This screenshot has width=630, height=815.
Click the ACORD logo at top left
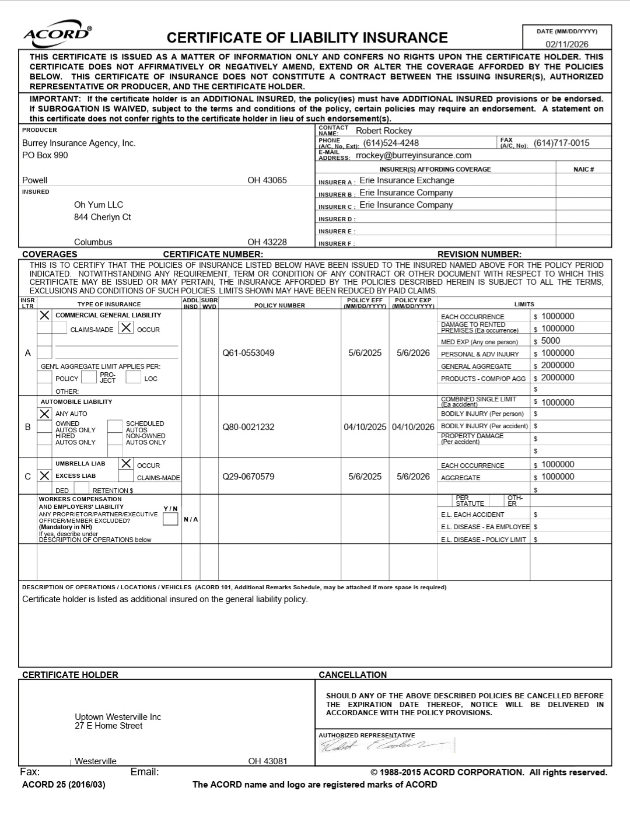[57, 33]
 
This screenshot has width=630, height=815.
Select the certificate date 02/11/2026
[566, 44]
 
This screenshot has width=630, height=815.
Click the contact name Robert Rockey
[383, 131]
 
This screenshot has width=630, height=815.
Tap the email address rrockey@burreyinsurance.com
[413, 155]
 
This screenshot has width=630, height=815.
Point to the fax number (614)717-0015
[561, 143]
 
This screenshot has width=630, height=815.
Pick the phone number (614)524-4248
[391, 143]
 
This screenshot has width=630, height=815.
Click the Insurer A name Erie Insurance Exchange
[407, 180]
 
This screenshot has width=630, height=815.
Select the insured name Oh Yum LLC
[98, 205]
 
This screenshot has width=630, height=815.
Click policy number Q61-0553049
[248, 353]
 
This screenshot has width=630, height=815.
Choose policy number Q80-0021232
[248, 427]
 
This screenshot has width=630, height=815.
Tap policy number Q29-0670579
[248, 477]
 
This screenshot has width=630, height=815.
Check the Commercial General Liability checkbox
[44, 315]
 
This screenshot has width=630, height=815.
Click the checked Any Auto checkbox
[44, 414]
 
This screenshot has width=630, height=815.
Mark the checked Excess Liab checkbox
[44, 476]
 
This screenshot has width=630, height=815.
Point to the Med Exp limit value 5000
[550, 341]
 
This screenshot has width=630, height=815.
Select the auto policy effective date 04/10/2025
[365, 427]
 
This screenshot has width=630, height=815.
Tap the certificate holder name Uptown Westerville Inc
[118, 717]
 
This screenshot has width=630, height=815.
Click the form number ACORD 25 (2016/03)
[64, 785]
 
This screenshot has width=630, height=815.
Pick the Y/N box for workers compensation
[170, 519]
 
